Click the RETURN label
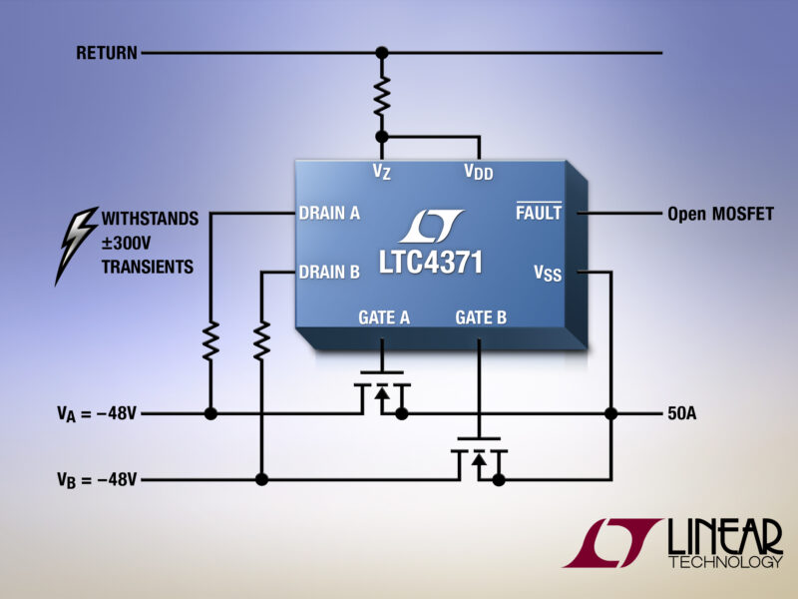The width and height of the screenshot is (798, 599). click(107, 53)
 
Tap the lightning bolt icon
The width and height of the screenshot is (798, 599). click(77, 244)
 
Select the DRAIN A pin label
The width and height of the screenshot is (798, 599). click(329, 213)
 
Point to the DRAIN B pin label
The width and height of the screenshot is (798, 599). click(329, 271)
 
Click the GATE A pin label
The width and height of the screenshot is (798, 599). click(384, 317)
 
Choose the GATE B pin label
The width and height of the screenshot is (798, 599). click(481, 317)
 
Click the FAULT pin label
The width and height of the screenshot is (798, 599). click(539, 214)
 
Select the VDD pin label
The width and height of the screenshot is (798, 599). click(479, 172)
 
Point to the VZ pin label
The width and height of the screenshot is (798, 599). click(382, 172)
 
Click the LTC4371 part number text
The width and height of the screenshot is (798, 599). click(431, 263)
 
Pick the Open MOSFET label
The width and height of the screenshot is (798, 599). click(719, 214)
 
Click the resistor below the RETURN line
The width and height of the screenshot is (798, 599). click(381, 98)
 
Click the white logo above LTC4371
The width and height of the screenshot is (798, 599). click(431, 227)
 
